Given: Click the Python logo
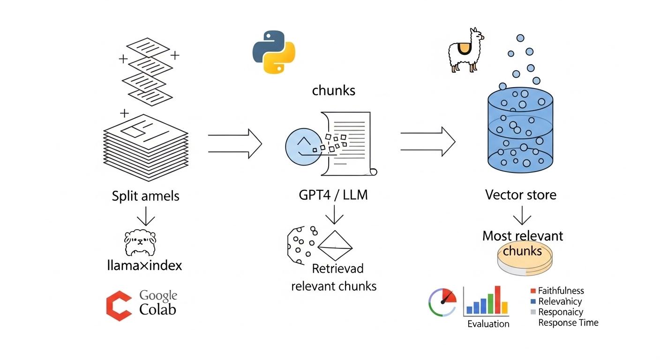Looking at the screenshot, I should tap(274, 52).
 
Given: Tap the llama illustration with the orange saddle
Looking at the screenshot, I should tap(465, 50).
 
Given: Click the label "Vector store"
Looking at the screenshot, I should tap(521, 195).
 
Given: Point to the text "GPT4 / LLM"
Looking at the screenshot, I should tap(333, 195).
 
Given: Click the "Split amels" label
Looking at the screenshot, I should tap(145, 195).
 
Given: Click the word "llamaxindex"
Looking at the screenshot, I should tap(144, 266).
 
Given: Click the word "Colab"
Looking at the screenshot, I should tap(158, 310).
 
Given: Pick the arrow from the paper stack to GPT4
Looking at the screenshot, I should tap(234, 143).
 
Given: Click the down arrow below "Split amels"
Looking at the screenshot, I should tap(145, 216).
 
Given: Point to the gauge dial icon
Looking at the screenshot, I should tap(442, 302).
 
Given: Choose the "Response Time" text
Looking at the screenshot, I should tap(568, 322).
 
